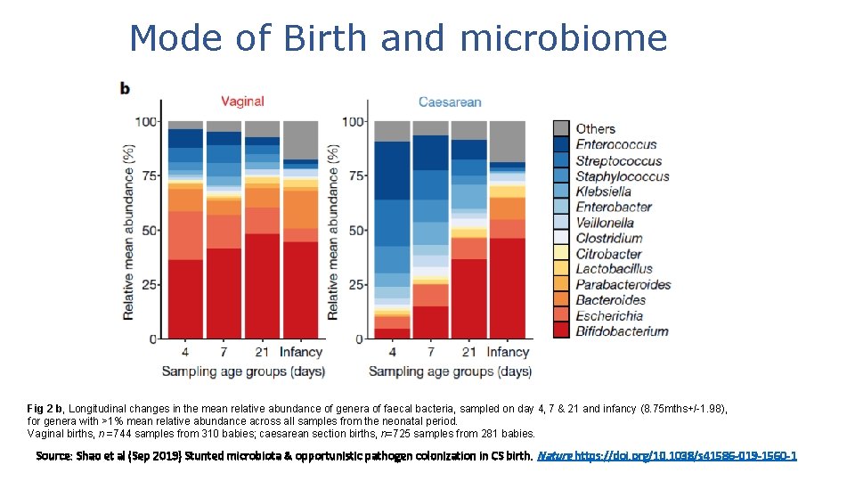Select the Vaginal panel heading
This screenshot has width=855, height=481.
242,102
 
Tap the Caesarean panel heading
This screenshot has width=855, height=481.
450,102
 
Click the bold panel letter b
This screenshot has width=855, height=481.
126,87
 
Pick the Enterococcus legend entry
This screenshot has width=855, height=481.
615,144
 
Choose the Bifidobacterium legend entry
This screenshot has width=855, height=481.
622,331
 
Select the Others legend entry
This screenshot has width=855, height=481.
595,129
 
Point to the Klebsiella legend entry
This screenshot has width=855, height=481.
603,192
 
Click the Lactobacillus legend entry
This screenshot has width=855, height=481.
614,269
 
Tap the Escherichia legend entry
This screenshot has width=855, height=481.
608,315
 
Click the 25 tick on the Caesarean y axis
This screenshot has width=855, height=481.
355,285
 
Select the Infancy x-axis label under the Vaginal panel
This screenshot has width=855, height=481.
300,352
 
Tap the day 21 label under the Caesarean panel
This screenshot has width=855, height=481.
468,352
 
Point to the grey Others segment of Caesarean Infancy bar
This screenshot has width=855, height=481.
507,141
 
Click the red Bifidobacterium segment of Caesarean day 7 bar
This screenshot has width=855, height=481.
430,322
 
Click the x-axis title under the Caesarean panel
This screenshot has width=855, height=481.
450,371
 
